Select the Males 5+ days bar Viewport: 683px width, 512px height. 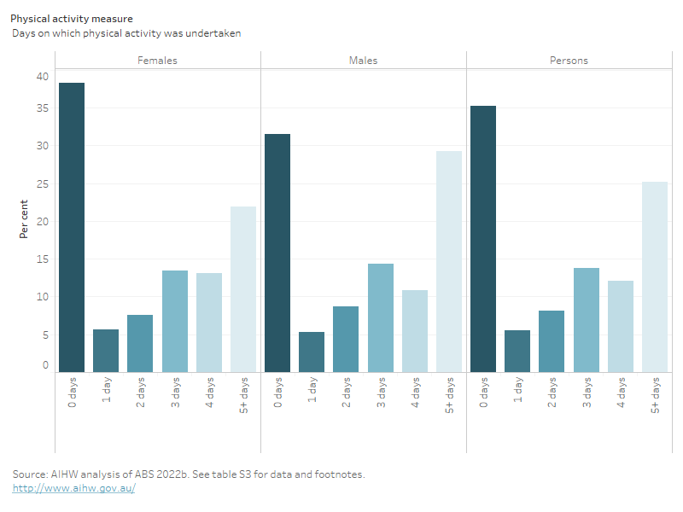(x=449, y=261)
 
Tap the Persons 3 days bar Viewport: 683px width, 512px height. (x=587, y=320)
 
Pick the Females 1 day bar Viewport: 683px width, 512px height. (x=106, y=351)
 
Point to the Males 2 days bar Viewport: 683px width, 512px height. (x=346, y=339)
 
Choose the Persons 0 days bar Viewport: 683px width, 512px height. (x=483, y=239)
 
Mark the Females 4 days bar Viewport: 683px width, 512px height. (x=209, y=323)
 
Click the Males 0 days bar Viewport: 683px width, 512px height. (x=277, y=253)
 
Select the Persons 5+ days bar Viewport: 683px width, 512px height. (x=655, y=276)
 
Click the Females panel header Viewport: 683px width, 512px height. (x=158, y=61)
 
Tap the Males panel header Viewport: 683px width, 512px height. (x=364, y=61)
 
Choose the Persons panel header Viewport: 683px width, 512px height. (x=569, y=61)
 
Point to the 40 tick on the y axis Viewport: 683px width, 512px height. (x=43, y=77)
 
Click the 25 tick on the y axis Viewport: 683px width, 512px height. (x=43, y=184)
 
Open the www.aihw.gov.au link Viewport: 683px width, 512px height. (x=73, y=489)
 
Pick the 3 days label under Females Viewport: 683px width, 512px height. (x=175, y=393)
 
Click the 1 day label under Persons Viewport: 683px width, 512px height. (x=518, y=391)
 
